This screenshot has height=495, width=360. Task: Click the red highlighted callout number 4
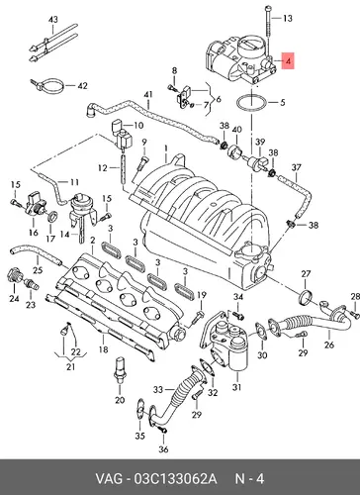coord(288,60)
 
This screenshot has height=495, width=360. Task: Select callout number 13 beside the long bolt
coord(288,18)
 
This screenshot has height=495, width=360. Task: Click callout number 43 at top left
coord(53,20)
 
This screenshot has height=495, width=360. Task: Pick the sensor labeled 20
coord(119,372)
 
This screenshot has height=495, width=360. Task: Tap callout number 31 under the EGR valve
coord(236,387)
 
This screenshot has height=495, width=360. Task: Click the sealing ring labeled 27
coord(306,297)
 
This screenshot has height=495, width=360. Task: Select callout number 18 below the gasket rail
coord(104,349)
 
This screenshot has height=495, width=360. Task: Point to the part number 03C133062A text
coord(175,478)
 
